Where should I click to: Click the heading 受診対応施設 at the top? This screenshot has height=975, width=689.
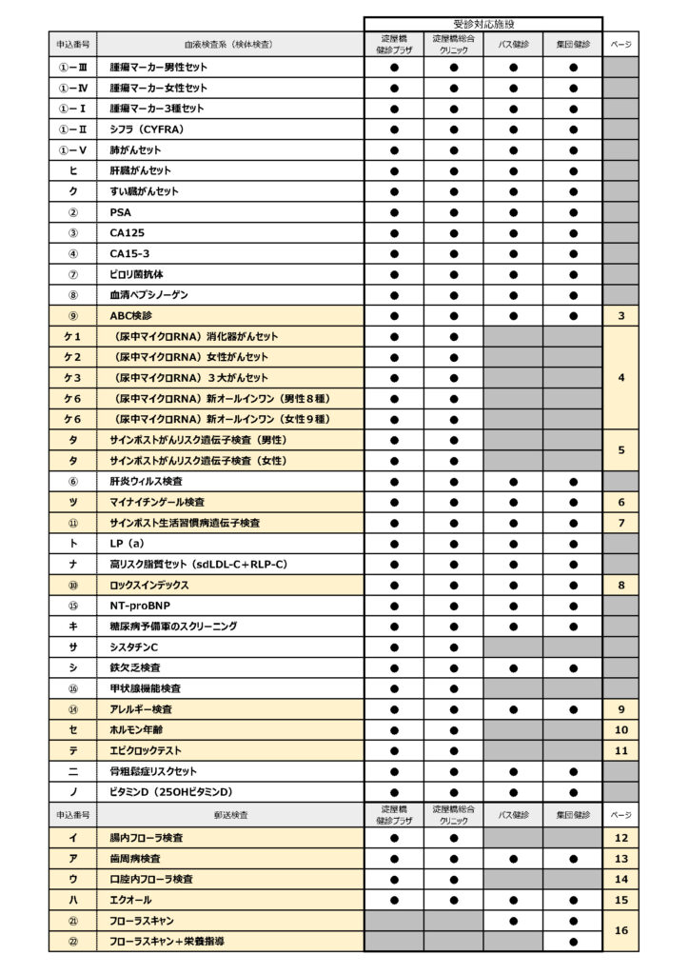[x=482, y=23]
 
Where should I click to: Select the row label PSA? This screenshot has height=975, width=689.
[x=121, y=212]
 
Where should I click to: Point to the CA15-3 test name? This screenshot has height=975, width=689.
[x=129, y=253]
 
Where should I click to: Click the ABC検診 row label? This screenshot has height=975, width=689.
[x=130, y=316]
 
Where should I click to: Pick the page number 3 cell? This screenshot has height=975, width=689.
[x=620, y=316]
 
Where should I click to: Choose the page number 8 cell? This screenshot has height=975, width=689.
[x=620, y=586]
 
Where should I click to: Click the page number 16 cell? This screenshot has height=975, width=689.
[x=620, y=930]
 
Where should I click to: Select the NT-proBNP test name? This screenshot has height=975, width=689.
[x=136, y=606]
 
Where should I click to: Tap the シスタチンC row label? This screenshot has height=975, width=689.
[x=134, y=647]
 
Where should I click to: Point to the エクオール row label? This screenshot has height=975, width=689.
[x=130, y=900]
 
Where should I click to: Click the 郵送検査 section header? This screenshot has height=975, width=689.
[x=229, y=816]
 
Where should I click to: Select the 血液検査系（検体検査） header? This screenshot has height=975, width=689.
[x=229, y=44]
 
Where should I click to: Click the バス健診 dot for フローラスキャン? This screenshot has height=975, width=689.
[x=514, y=921]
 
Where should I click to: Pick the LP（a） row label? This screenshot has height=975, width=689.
[x=127, y=544]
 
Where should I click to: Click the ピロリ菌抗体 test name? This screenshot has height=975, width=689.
[x=136, y=274]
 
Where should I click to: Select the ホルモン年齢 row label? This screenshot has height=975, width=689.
[x=137, y=730]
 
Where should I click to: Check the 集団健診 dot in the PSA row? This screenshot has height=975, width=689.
[x=573, y=212]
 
